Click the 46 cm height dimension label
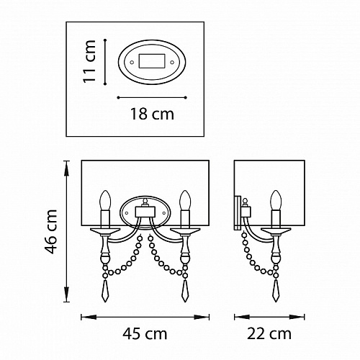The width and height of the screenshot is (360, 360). coord(51,232)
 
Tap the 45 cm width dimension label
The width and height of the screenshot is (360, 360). coord(145,333)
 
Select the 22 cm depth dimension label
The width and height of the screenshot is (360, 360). coord(269,333)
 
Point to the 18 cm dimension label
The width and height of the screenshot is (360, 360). coord(152,114)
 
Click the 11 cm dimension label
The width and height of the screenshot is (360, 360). coord(89,62)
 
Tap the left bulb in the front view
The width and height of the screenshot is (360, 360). coord(105,200)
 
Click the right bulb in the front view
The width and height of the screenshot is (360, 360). coord(185,200)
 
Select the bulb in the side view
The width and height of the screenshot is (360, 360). coord(276,200)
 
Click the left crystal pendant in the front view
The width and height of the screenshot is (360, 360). coord(105,291)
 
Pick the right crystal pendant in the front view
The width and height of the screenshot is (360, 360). coord(185,291)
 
